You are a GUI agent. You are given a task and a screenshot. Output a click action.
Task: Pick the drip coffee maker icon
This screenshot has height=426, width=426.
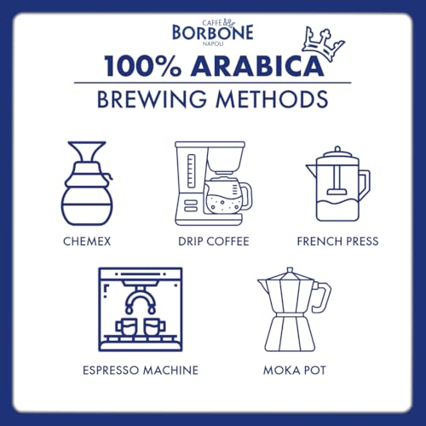211,182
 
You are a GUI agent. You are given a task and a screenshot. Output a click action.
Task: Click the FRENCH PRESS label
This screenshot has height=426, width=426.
337,241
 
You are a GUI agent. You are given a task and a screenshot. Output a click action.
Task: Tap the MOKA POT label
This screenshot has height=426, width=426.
287,371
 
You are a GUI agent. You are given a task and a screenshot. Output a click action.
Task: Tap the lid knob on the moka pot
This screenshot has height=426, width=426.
287,270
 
